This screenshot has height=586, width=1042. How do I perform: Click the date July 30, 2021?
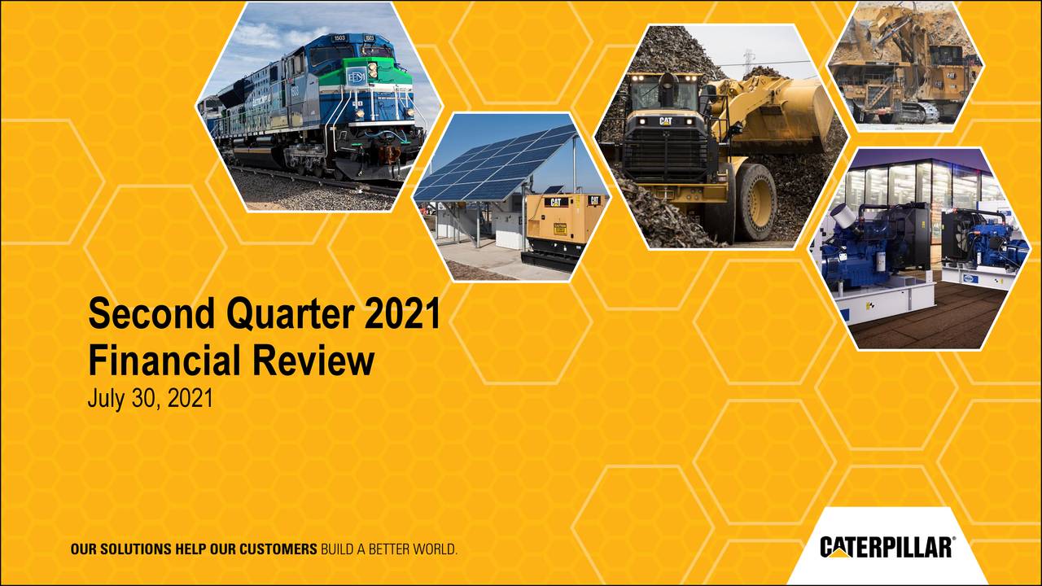click(150, 400)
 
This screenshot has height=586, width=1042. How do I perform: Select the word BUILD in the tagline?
click(337, 549)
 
